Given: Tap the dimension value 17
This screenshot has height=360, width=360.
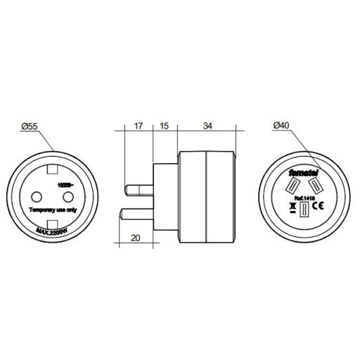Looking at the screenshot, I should pyautogui.click(x=138, y=127).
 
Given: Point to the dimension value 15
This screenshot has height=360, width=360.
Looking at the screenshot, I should pyautogui.click(x=163, y=127).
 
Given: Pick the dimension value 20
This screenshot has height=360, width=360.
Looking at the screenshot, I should pyautogui.click(x=136, y=238).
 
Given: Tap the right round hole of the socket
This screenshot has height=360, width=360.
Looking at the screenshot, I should pyautogui.click(x=67, y=196).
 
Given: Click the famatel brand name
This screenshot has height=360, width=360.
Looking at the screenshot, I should pyautogui.click(x=303, y=171).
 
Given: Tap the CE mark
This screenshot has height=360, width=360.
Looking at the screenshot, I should pyautogui.click(x=316, y=206).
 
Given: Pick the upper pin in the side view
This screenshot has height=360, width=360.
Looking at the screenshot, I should pyautogui.click(x=139, y=188).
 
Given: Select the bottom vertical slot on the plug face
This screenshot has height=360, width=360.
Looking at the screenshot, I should pyautogui.click(x=303, y=212).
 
